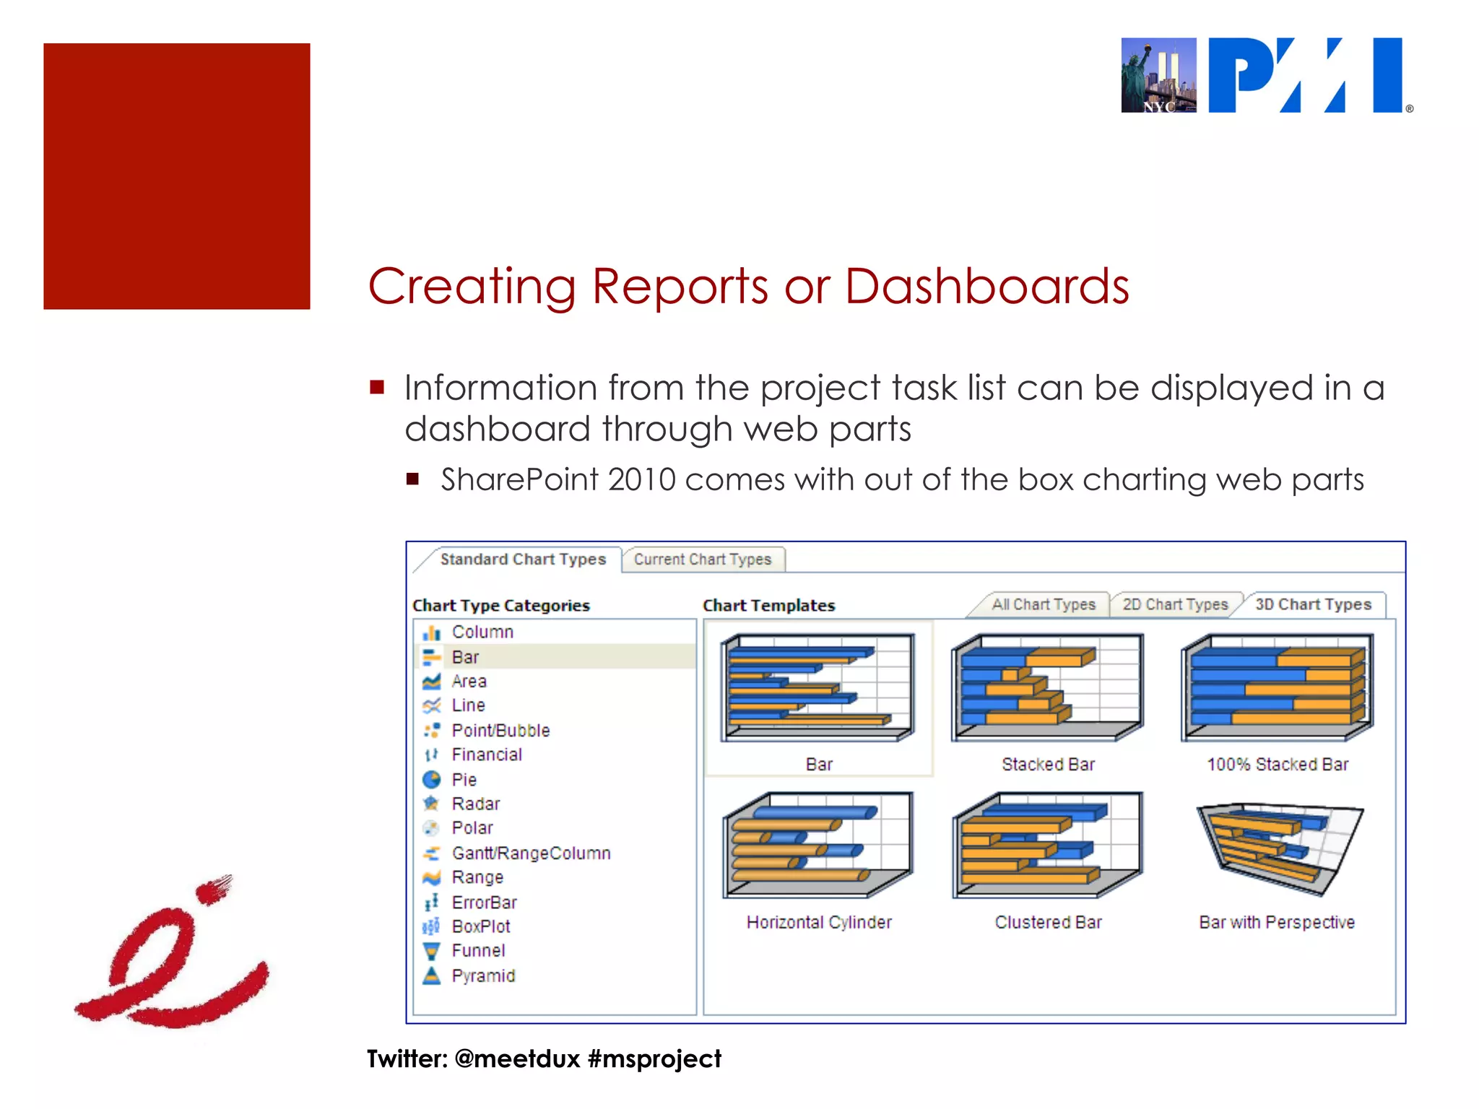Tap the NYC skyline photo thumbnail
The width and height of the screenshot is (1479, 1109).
pos(1158,75)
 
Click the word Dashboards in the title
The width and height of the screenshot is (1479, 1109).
pos(986,287)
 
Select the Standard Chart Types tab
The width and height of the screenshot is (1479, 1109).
pos(523,560)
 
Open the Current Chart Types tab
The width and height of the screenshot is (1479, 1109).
pos(703,560)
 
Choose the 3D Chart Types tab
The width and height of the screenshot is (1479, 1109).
pos(1313,605)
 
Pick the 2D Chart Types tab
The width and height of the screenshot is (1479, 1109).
pos(1175,605)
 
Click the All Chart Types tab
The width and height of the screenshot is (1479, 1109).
pos(1043,605)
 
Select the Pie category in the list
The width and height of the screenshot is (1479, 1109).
pos(464,780)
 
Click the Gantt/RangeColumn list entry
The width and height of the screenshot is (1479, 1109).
pos(531,853)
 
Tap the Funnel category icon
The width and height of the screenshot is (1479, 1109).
pos(431,951)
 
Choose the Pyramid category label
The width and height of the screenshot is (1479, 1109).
pos(483,976)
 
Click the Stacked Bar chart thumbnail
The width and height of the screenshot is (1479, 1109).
pos(1048,687)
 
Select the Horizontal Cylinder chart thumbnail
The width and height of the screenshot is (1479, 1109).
pos(819,845)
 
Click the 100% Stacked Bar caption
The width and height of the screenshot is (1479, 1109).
pos(1278,765)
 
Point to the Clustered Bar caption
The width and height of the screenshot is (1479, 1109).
pos(1048,923)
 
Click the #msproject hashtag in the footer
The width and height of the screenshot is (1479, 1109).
pos(654,1059)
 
